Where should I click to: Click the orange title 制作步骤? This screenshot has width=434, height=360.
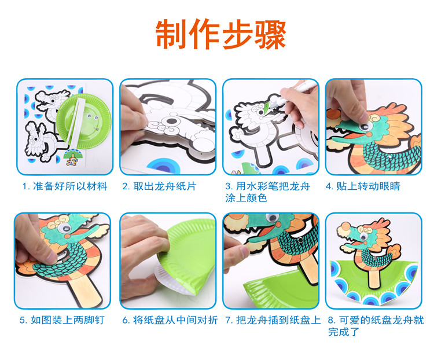tap(220, 34)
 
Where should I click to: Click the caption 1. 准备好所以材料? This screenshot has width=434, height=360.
tap(65, 186)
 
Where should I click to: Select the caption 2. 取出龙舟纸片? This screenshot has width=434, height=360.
tap(159, 186)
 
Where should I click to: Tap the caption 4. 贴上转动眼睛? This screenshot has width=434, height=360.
tap(363, 186)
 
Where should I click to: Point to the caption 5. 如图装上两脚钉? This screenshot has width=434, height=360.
tap(62, 320)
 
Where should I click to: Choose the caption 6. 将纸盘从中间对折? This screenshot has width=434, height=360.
tap(170, 320)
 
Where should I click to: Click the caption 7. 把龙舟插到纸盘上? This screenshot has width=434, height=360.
tap(273, 320)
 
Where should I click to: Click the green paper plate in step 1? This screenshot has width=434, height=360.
tap(83, 122)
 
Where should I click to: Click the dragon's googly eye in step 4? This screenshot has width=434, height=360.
tap(365, 127)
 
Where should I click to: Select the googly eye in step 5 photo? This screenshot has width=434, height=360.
tap(65, 228)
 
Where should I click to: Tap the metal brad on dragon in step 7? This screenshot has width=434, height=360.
tap(300, 240)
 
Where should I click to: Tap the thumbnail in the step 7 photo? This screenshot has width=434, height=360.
tap(245, 251)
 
